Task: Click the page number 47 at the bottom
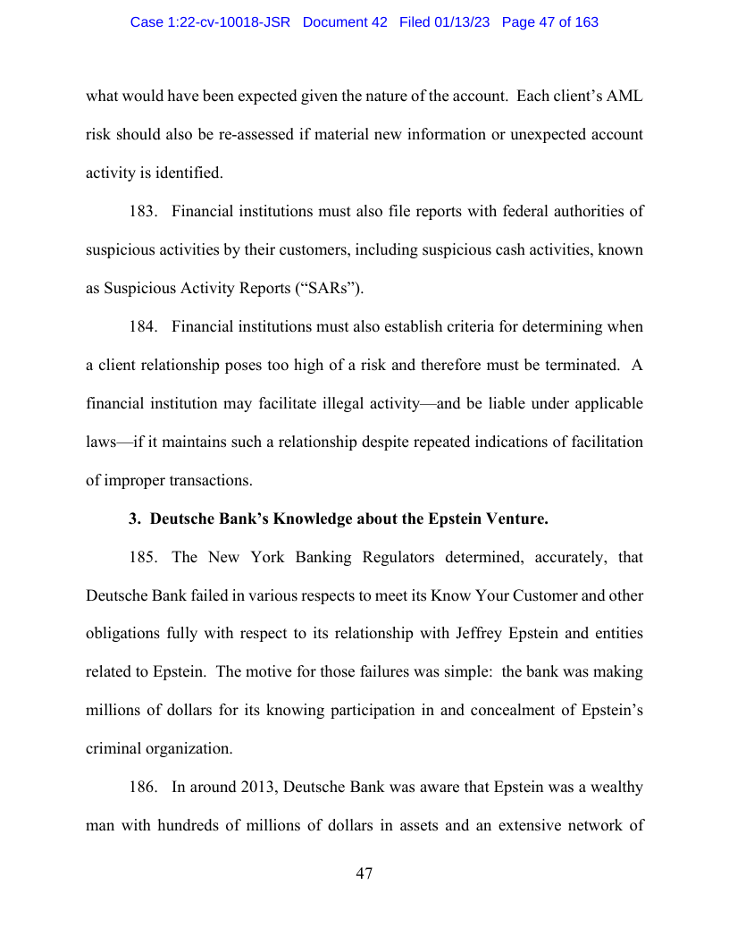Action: pos(364,873)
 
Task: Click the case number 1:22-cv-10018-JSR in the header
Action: pos(210,22)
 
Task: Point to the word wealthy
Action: pos(610,788)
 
